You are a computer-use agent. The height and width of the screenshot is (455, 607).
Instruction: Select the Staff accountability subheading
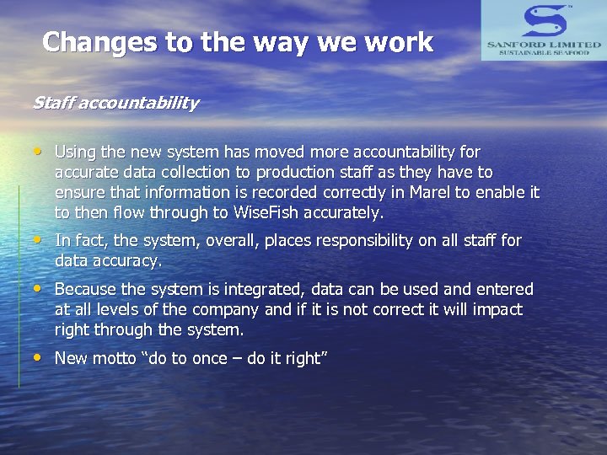[x=115, y=104]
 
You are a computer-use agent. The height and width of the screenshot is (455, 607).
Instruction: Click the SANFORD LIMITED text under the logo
[x=543, y=44]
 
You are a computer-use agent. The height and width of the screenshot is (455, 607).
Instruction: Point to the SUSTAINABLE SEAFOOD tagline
[x=543, y=52]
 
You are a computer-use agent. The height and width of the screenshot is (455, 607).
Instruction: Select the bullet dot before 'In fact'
[x=39, y=241]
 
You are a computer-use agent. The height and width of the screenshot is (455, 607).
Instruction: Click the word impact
[x=499, y=310]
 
